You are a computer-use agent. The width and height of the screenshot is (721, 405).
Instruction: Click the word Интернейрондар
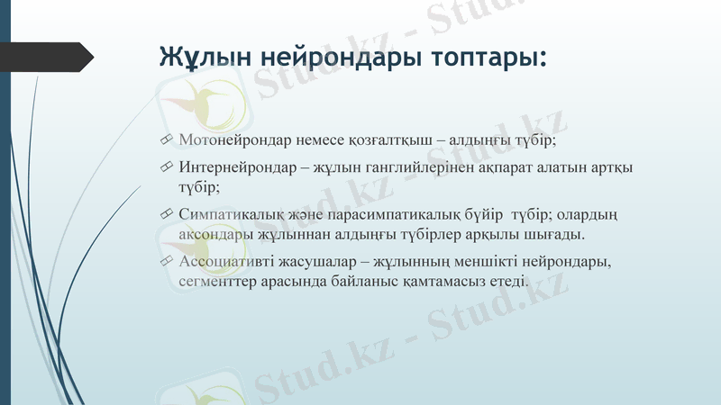click(x=233, y=167)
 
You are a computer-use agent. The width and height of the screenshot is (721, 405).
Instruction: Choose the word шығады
click(x=557, y=235)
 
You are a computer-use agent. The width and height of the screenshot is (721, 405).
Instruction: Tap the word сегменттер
click(x=213, y=282)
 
